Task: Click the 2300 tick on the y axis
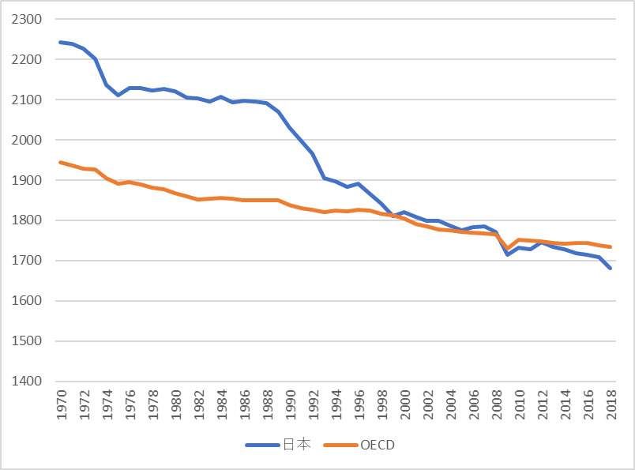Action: [x=27, y=19]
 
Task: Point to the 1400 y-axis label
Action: [x=27, y=382]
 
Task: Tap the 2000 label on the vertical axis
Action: [x=27, y=140]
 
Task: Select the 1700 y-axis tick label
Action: [x=27, y=261]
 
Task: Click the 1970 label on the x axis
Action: [x=61, y=404]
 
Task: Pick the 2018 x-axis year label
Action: [x=611, y=404]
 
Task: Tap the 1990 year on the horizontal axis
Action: [x=291, y=404]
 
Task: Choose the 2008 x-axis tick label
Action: [x=497, y=404]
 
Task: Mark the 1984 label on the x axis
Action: [x=221, y=404]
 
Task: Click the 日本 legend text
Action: [x=297, y=445]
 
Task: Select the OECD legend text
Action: [x=378, y=445]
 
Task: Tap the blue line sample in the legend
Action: [x=262, y=445]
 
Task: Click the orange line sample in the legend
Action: [x=341, y=445]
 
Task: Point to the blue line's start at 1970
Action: [x=61, y=42]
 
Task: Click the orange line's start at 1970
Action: [x=61, y=163]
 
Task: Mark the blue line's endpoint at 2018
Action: [x=610, y=268]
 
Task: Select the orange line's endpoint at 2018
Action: [x=610, y=246]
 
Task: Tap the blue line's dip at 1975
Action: [x=118, y=96]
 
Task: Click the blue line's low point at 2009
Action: [x=507, y=254]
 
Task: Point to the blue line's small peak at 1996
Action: [x=359, y=183]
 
